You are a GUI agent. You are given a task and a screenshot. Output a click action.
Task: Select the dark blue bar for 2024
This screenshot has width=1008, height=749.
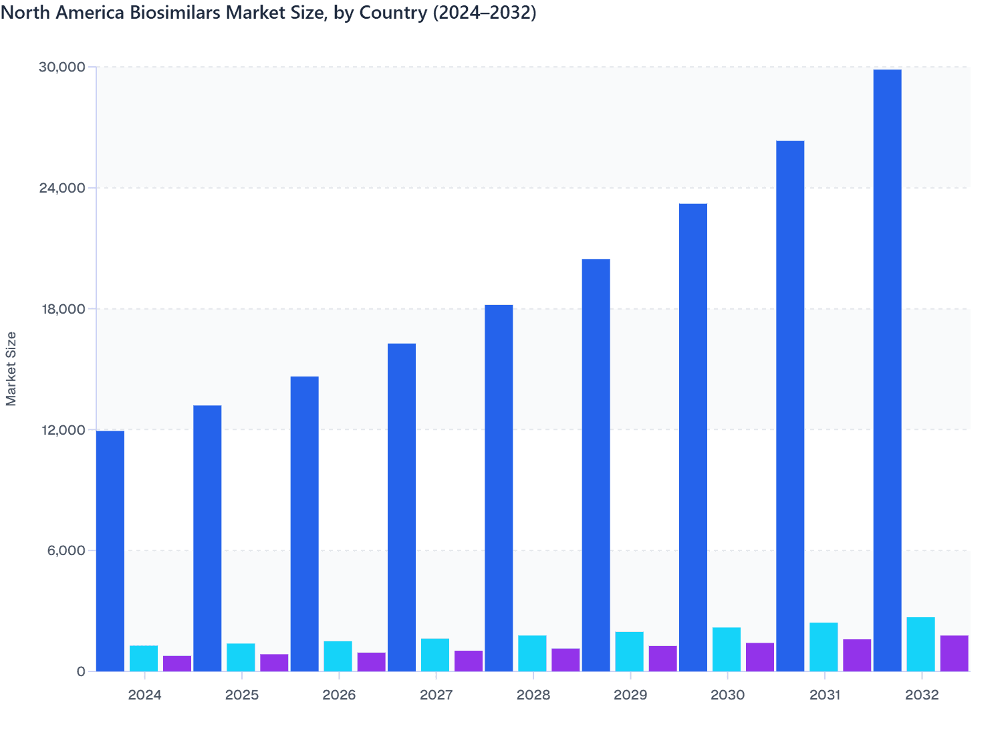click(110, 551)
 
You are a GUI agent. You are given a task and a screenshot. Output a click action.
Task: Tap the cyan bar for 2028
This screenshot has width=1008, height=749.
click(532, 653)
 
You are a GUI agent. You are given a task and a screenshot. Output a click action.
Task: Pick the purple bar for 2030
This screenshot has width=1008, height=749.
click(760, 657)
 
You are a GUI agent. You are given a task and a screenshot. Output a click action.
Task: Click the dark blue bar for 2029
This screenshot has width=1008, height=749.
click(596, 465)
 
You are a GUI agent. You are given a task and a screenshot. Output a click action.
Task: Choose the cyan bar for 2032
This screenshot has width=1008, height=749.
click(920, 644)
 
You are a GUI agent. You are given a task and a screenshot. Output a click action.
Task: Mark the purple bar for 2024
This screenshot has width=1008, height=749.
click(177, 663)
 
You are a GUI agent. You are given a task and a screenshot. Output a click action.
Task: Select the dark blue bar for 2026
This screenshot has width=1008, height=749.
click(304, 524)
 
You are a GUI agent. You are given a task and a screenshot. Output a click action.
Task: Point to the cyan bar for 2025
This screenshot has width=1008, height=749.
click(241, 657)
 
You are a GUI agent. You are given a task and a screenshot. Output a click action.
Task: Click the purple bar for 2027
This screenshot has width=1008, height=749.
click(469, 661)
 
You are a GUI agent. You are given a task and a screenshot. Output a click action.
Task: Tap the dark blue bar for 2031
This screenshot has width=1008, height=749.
click(790, 406)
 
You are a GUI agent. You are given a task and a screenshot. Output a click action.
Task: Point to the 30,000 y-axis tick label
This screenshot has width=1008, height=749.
click(63, 67)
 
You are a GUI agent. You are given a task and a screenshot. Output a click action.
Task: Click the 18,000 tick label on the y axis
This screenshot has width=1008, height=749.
click(63, 309)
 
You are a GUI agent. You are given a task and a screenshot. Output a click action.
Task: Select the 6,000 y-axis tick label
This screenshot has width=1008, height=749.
click(66, 550)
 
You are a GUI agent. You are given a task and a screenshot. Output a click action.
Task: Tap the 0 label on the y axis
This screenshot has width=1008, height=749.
click(81, 671)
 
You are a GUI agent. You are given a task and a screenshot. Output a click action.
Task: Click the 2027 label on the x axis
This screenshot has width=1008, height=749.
click(436, 695)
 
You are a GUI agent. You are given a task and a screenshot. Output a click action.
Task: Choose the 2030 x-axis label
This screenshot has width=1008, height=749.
click(727, 695)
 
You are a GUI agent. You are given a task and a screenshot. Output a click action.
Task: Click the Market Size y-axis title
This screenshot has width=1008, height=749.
click(11, 368)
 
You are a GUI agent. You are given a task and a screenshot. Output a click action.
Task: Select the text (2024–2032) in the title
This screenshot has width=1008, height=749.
click(484, 13)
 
